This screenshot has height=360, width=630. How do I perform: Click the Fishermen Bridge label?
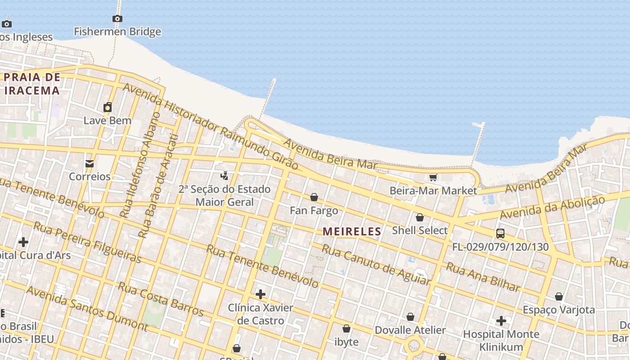117,31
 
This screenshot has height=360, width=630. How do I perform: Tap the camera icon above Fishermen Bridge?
117,18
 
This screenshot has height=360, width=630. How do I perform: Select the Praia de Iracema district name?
32,84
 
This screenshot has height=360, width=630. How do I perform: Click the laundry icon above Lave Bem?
108,107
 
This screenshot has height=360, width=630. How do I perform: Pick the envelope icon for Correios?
90,163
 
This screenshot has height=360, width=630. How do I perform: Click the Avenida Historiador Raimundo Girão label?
210,126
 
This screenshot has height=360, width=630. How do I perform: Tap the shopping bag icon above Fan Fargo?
314,197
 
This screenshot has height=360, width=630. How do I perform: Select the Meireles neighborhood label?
352,232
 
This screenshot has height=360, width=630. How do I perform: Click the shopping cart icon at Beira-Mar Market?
433,177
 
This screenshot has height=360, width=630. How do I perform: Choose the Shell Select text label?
420,230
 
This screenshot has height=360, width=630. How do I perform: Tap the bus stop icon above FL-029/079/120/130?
500,234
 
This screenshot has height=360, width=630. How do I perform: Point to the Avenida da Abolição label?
552,208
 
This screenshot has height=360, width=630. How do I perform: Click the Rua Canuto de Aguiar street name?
376,265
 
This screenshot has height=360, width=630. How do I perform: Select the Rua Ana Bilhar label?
483,277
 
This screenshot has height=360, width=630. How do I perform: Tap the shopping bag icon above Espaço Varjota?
558,297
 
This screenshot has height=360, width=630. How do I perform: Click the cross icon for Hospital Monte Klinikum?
501,321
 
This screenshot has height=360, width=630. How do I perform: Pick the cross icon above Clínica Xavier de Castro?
260,295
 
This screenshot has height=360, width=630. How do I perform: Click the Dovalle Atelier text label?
410,330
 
